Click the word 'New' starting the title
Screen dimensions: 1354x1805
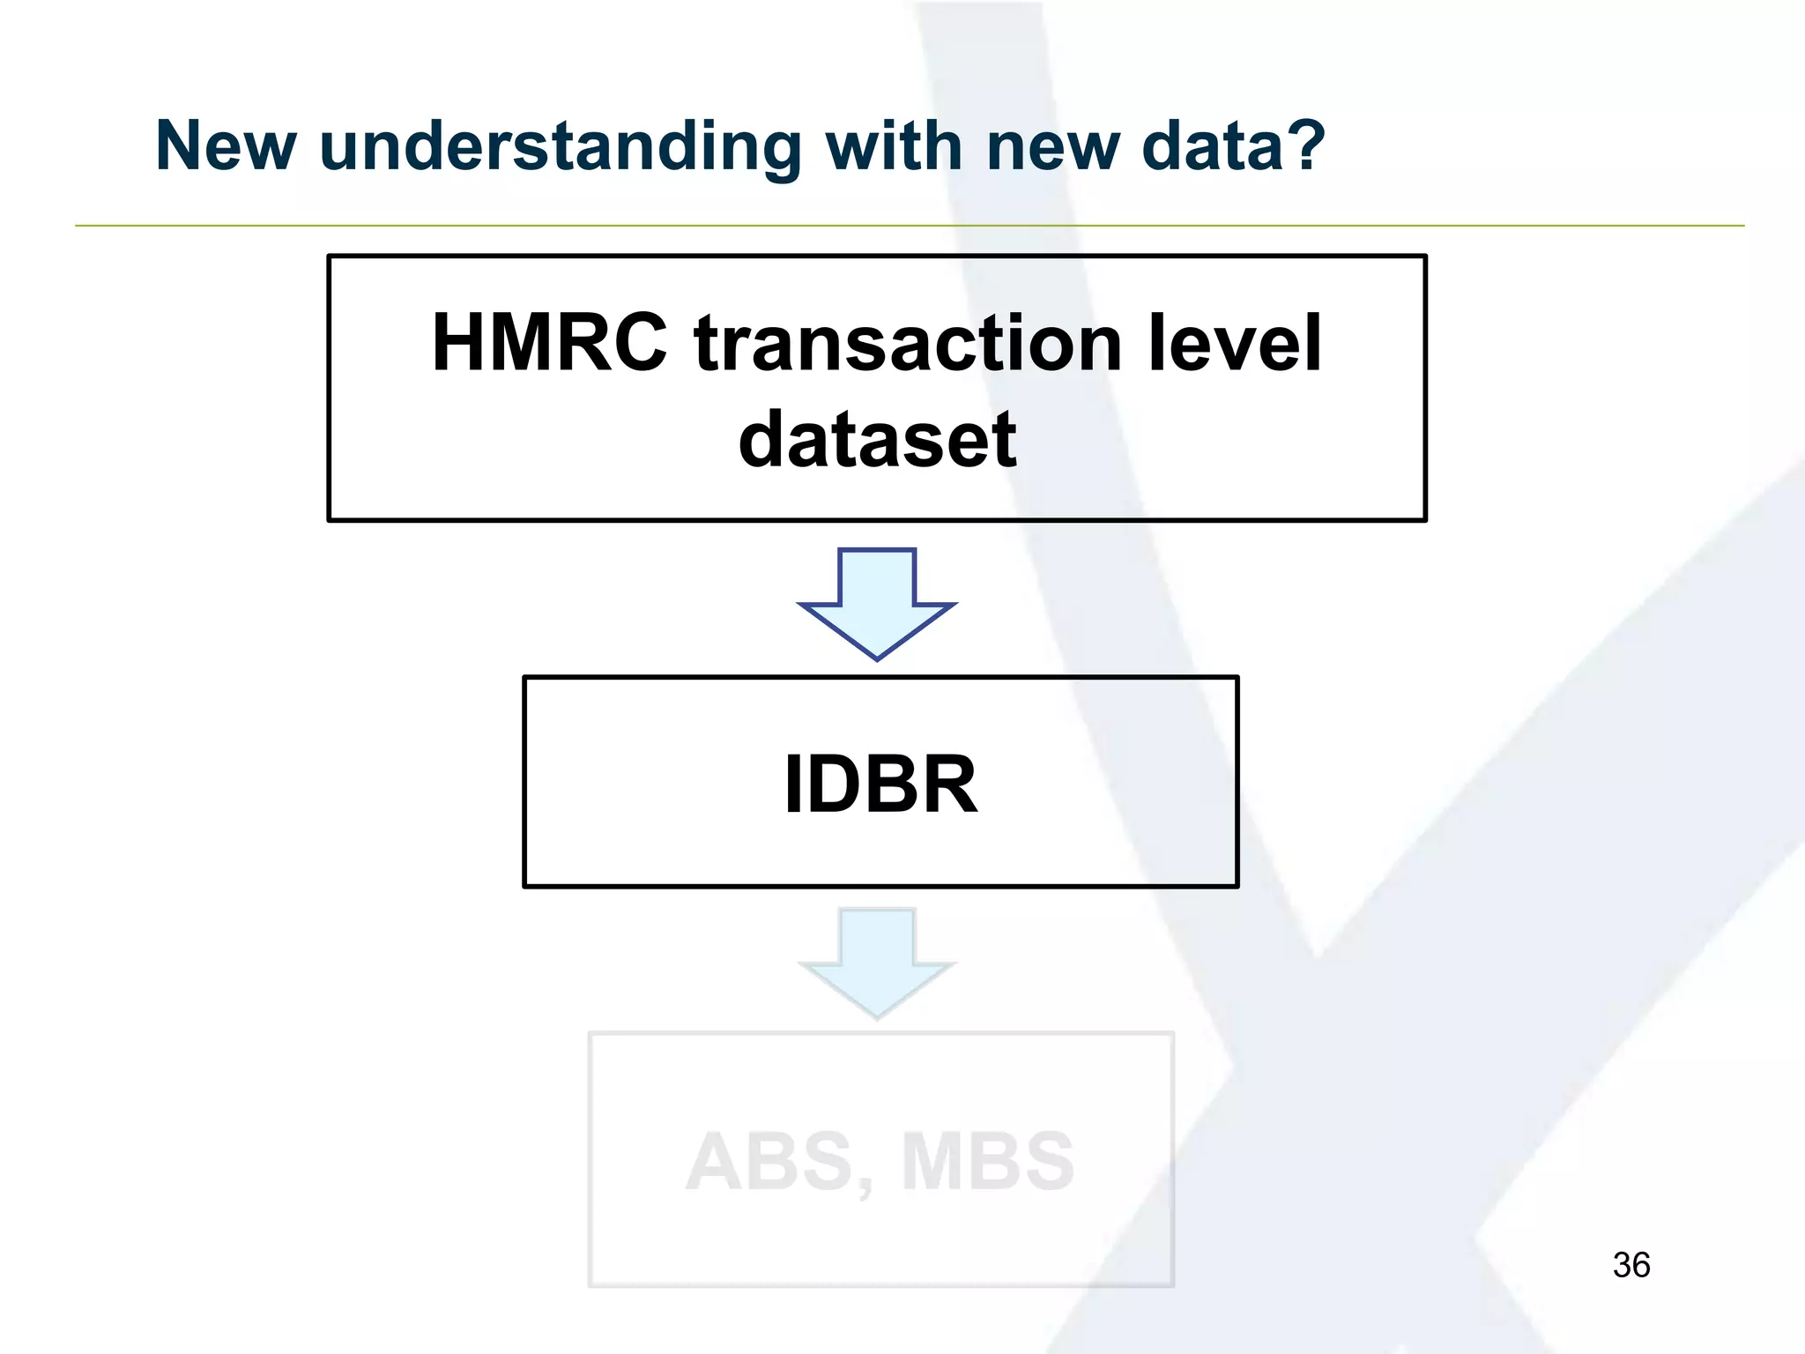[226, 145]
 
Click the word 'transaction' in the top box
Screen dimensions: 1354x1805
[908, 345]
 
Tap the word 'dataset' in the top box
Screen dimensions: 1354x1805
[877, 440]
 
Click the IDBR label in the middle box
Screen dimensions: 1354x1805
[880, 784]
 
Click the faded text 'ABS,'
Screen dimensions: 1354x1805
[779, 1162]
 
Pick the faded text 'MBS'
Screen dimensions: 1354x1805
[987, 1162]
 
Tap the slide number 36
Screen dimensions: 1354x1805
[1630, 1265]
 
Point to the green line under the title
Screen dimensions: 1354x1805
[908, 226]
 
